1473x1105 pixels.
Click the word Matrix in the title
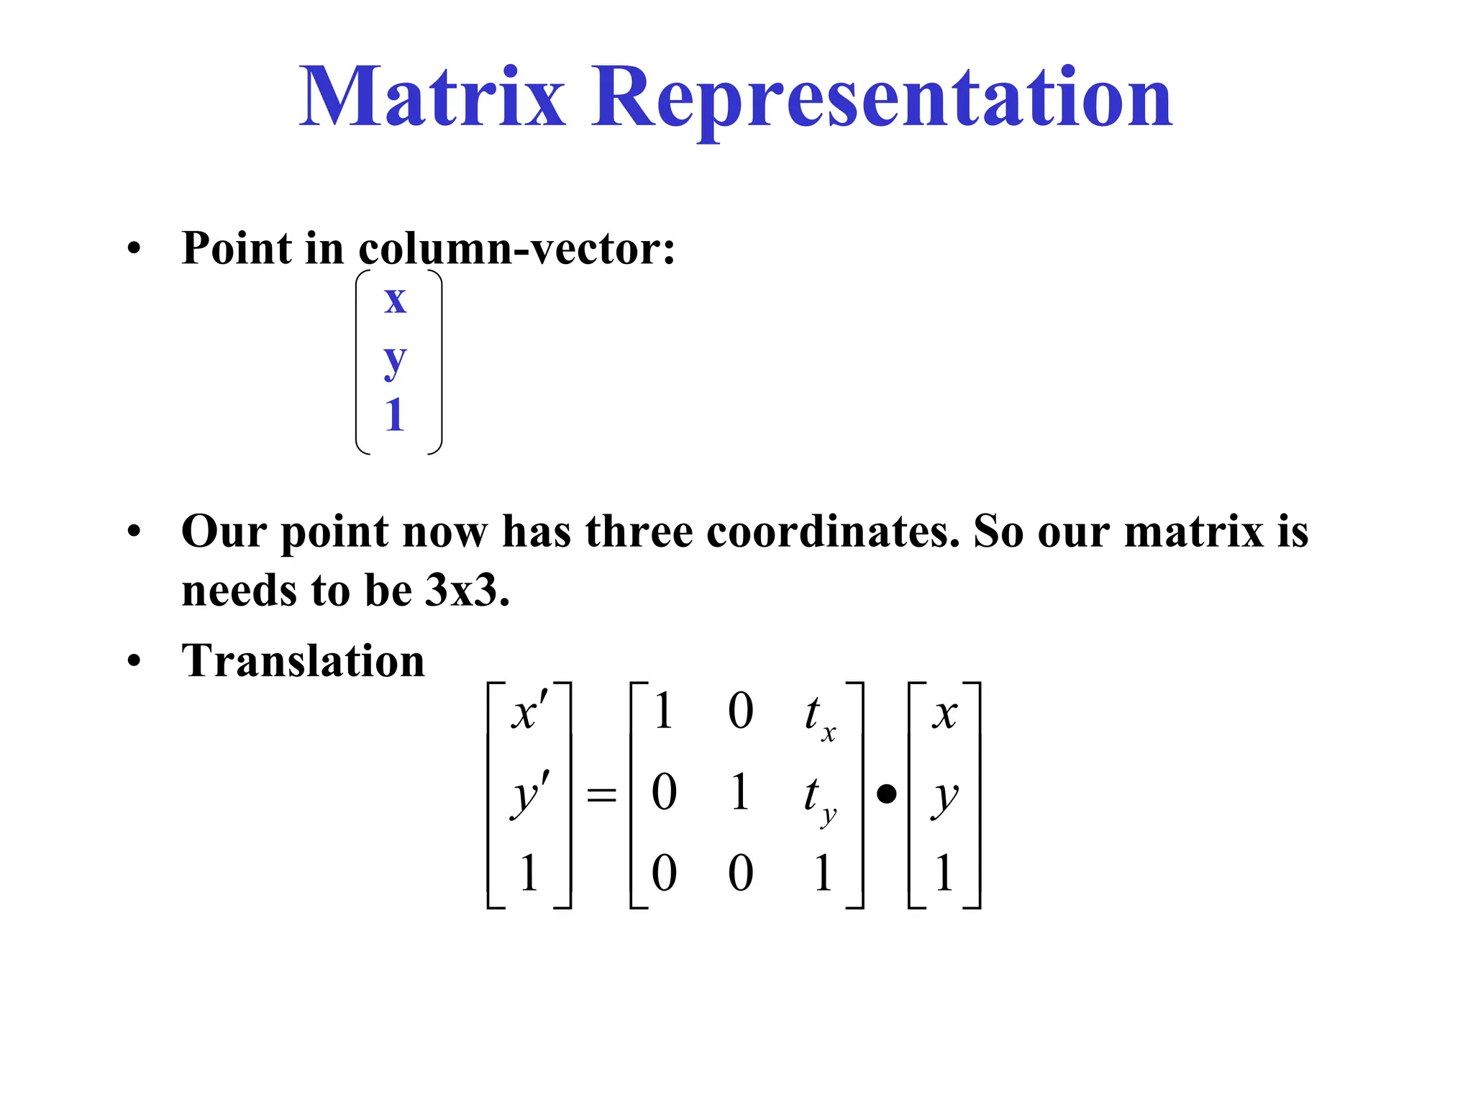(432, 97)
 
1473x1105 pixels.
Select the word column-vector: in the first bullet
(516, 248)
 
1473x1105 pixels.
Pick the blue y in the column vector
(395, 360)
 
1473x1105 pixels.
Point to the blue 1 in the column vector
(394, 415)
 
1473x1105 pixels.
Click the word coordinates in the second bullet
(833, 532)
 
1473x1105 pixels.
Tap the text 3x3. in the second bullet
(468, 591)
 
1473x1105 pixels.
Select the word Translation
(303, 660)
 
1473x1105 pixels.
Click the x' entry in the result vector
(529, 712)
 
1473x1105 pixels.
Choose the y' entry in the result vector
(530, 794)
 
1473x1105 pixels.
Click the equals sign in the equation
(601, 795)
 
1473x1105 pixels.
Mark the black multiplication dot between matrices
(886, 794)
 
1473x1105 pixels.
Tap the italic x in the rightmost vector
(944, 714)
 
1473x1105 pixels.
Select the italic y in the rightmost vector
(945, 796)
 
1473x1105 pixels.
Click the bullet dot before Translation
(134, 660)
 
